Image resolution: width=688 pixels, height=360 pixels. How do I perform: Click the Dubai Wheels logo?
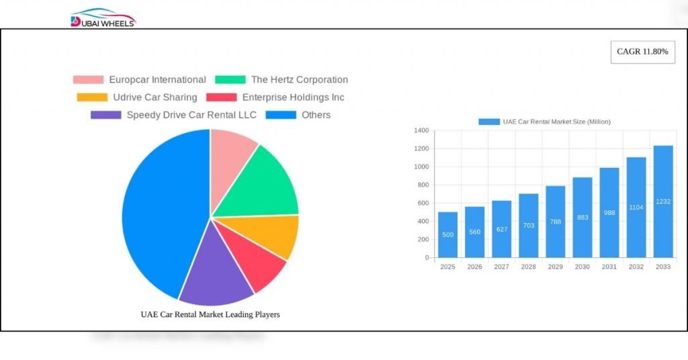(103, 18)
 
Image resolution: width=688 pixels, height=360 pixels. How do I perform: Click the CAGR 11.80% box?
(642, 52)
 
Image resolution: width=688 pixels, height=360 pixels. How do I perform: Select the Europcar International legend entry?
(140, 79)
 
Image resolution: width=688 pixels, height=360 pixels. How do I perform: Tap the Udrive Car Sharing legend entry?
(138, 97)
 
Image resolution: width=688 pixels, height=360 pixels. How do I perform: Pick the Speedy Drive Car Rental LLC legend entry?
(174, 115)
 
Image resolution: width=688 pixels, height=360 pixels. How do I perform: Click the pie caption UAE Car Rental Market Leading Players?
(210, 314)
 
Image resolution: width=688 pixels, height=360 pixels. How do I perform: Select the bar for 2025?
(447, 235)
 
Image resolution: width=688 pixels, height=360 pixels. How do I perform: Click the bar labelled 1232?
(663, 201)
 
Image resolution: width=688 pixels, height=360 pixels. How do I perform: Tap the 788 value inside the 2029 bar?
(556, 222)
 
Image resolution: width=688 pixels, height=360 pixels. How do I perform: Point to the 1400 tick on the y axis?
(421, 130)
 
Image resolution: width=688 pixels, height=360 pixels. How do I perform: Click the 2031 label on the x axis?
(609, 267)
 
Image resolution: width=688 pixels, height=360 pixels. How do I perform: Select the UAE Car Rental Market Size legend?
(544, 122)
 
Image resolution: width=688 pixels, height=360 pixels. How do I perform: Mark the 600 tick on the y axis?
(423, 203)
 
